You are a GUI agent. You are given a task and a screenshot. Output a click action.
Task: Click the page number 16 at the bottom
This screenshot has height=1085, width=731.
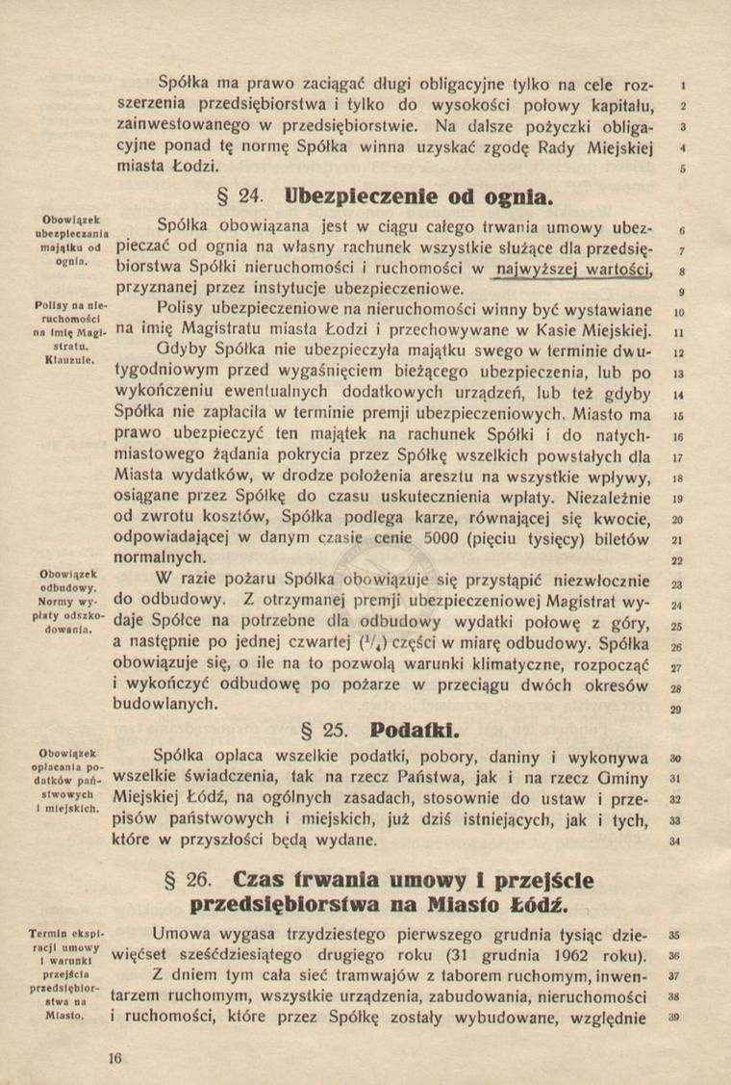[116, 1057]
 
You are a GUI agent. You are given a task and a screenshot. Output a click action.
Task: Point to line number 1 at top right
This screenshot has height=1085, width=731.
[680, 85]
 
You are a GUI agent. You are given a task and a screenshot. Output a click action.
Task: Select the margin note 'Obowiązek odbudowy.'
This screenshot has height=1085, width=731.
[64, 581]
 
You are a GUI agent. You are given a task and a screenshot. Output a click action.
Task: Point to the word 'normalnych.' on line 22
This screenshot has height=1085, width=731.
[160, 558]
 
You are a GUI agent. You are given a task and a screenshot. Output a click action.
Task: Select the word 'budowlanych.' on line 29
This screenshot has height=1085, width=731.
[165, 706]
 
